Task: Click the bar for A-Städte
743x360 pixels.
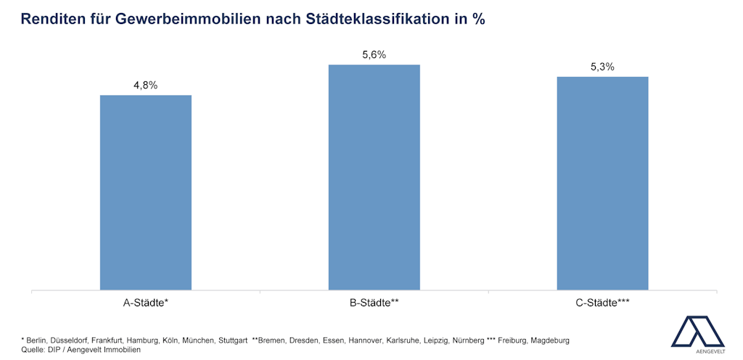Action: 145,192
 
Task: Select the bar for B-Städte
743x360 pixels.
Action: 374,177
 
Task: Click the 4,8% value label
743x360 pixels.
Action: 145,85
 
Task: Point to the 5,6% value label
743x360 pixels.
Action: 374,54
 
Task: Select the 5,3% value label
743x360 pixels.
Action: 602,67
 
